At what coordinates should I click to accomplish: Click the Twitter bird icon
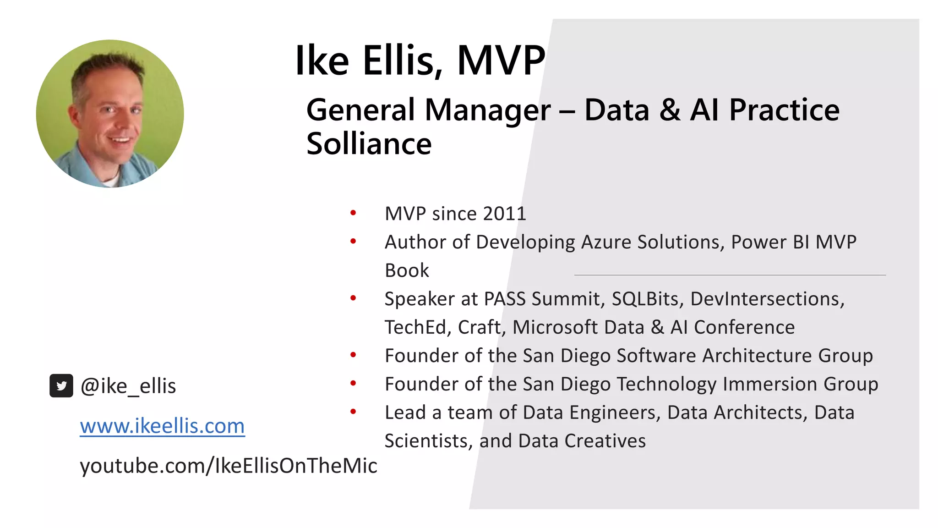(x=61, y=386)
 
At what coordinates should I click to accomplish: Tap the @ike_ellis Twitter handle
(x=128, y=386)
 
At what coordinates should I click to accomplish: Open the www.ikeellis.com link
(x=162, y=426)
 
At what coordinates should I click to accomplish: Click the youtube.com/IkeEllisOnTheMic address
(x=228, y=466)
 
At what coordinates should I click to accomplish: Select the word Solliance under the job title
(x=369, y=144)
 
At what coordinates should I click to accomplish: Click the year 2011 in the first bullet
(x=504, y=214)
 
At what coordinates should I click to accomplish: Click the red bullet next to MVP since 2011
(x=353, y=213)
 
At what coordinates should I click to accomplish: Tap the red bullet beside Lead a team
(x=353, y=412)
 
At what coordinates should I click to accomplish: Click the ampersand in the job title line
(x=670, y=110)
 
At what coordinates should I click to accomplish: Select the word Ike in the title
(x=322, y=60)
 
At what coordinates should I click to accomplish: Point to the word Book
(x=407, y=270)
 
